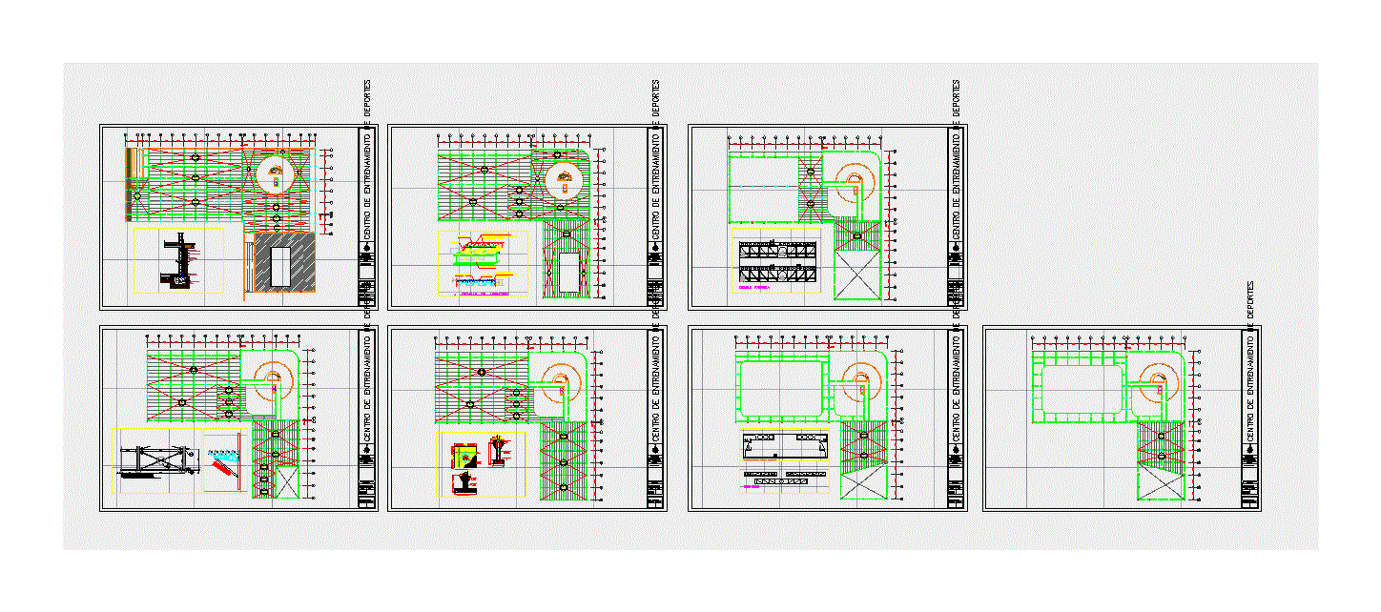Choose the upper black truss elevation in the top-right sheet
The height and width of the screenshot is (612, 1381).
tap(778, 252)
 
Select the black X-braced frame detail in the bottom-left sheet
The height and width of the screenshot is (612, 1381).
tap(155, 461)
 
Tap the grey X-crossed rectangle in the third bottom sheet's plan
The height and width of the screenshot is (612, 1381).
tap(864, 484)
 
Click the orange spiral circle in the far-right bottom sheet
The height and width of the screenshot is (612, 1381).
tap(1157, 385)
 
